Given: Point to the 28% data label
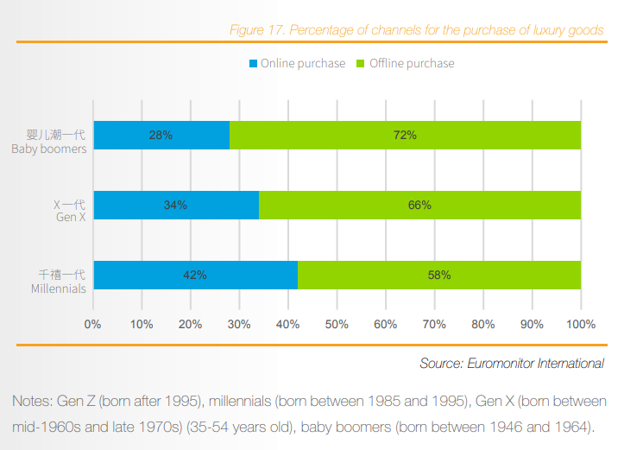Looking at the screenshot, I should (x=161, y=136).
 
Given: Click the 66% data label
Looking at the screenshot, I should (x=420, y=206).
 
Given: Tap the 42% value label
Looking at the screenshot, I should (x=195, y=275).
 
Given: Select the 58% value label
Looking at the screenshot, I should (x=439, y=275).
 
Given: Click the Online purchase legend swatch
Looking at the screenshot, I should (x=254, y=64).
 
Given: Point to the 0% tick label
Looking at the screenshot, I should (x=93, y=325).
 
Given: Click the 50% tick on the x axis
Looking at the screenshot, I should (x=337, y=325).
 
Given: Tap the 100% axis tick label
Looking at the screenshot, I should (x=581, y=325).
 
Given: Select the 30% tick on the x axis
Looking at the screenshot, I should (x=240, y=325).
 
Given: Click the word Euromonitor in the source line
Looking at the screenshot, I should (x=502, y=364).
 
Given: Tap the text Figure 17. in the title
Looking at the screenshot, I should (x=256, y=30).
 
